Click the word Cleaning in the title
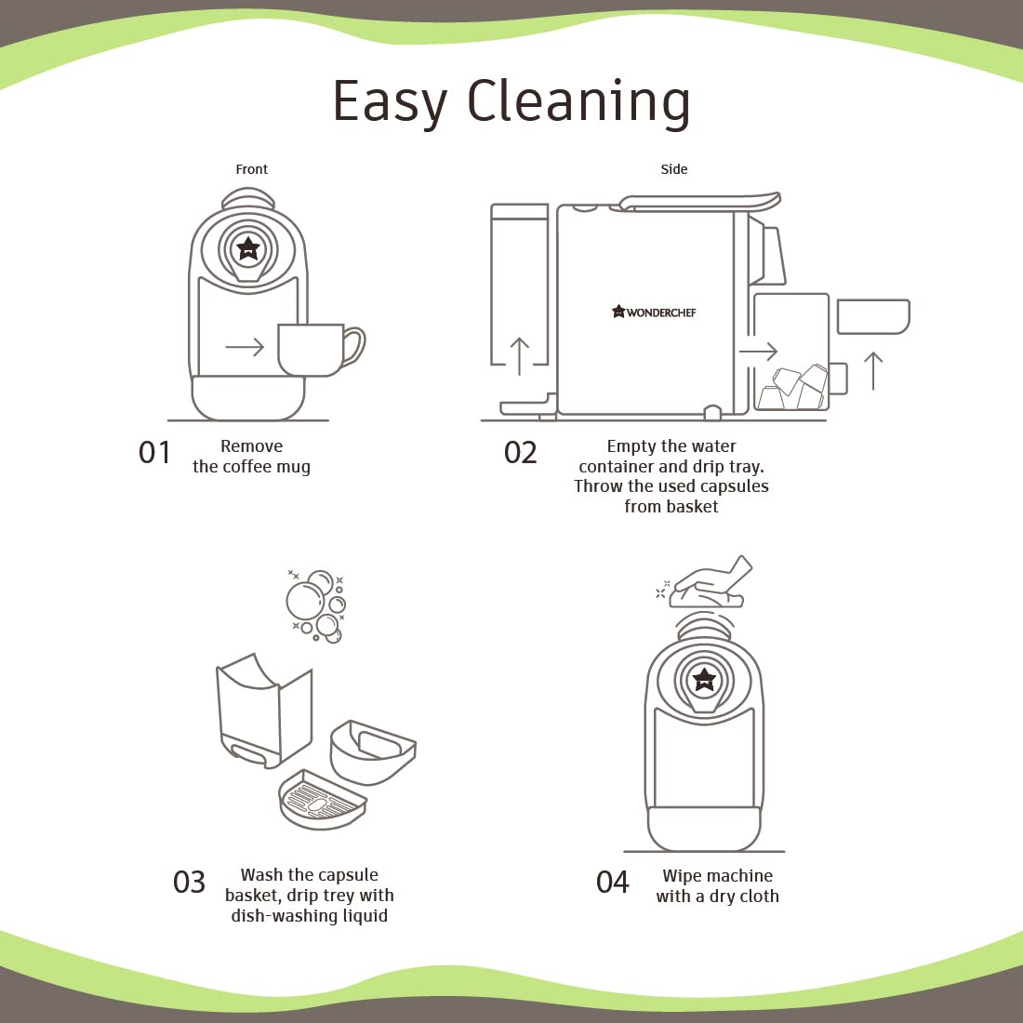coord(578,101)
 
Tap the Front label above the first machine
coord(252,169)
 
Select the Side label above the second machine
coord(674,169)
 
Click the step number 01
coord(154,452)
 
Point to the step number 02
coord(520,452)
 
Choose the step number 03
coord(189,882)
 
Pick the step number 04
coord(613,882)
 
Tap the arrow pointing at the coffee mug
coord(245,347)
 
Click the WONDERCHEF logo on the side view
coord(654,312)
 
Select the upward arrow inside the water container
coord(519,356)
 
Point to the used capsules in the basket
coord(792,387)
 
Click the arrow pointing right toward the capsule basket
coord(758,352)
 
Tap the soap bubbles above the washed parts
coord(316,606)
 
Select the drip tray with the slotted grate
coord(322,800)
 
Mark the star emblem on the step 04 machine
coord(704,679)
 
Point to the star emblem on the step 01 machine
coord(248,248)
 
